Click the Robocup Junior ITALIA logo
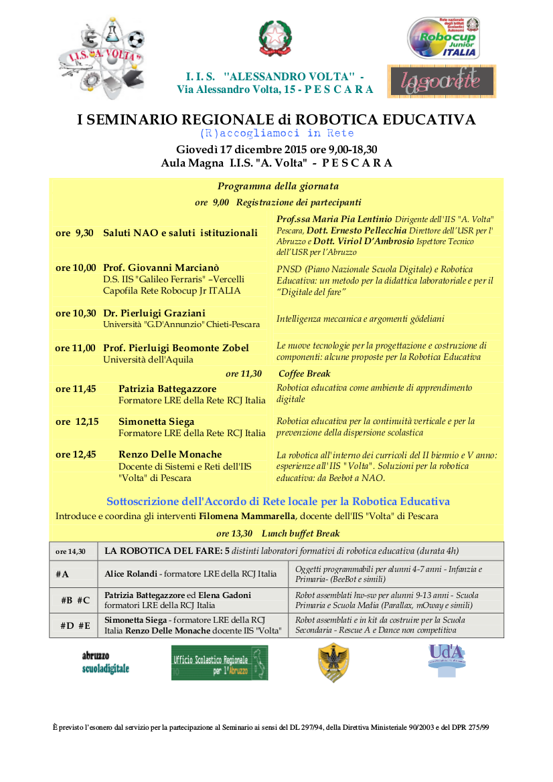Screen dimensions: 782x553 tap(443, 38)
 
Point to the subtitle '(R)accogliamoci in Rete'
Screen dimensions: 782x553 tap(276, 133)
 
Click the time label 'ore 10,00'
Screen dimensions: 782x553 tap(76, 268)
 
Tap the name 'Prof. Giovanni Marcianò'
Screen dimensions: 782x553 tap(161, 268)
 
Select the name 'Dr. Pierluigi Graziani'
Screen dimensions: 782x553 tap(154, 313)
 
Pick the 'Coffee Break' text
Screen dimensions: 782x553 tap(305, 374)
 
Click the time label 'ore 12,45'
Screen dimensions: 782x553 tap(76, 455)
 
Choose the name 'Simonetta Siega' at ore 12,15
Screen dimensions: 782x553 tap(157, 421)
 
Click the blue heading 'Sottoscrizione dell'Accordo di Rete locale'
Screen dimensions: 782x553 tap(278, 501)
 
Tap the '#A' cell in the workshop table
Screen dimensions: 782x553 tap(62, 574)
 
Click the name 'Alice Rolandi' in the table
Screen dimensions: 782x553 tap(131, 574)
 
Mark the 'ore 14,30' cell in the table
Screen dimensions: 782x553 tap(70, 552)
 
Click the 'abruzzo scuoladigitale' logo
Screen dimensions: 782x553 tap(105, 662)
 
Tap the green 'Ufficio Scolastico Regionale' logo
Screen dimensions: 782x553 tap(220, 663)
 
